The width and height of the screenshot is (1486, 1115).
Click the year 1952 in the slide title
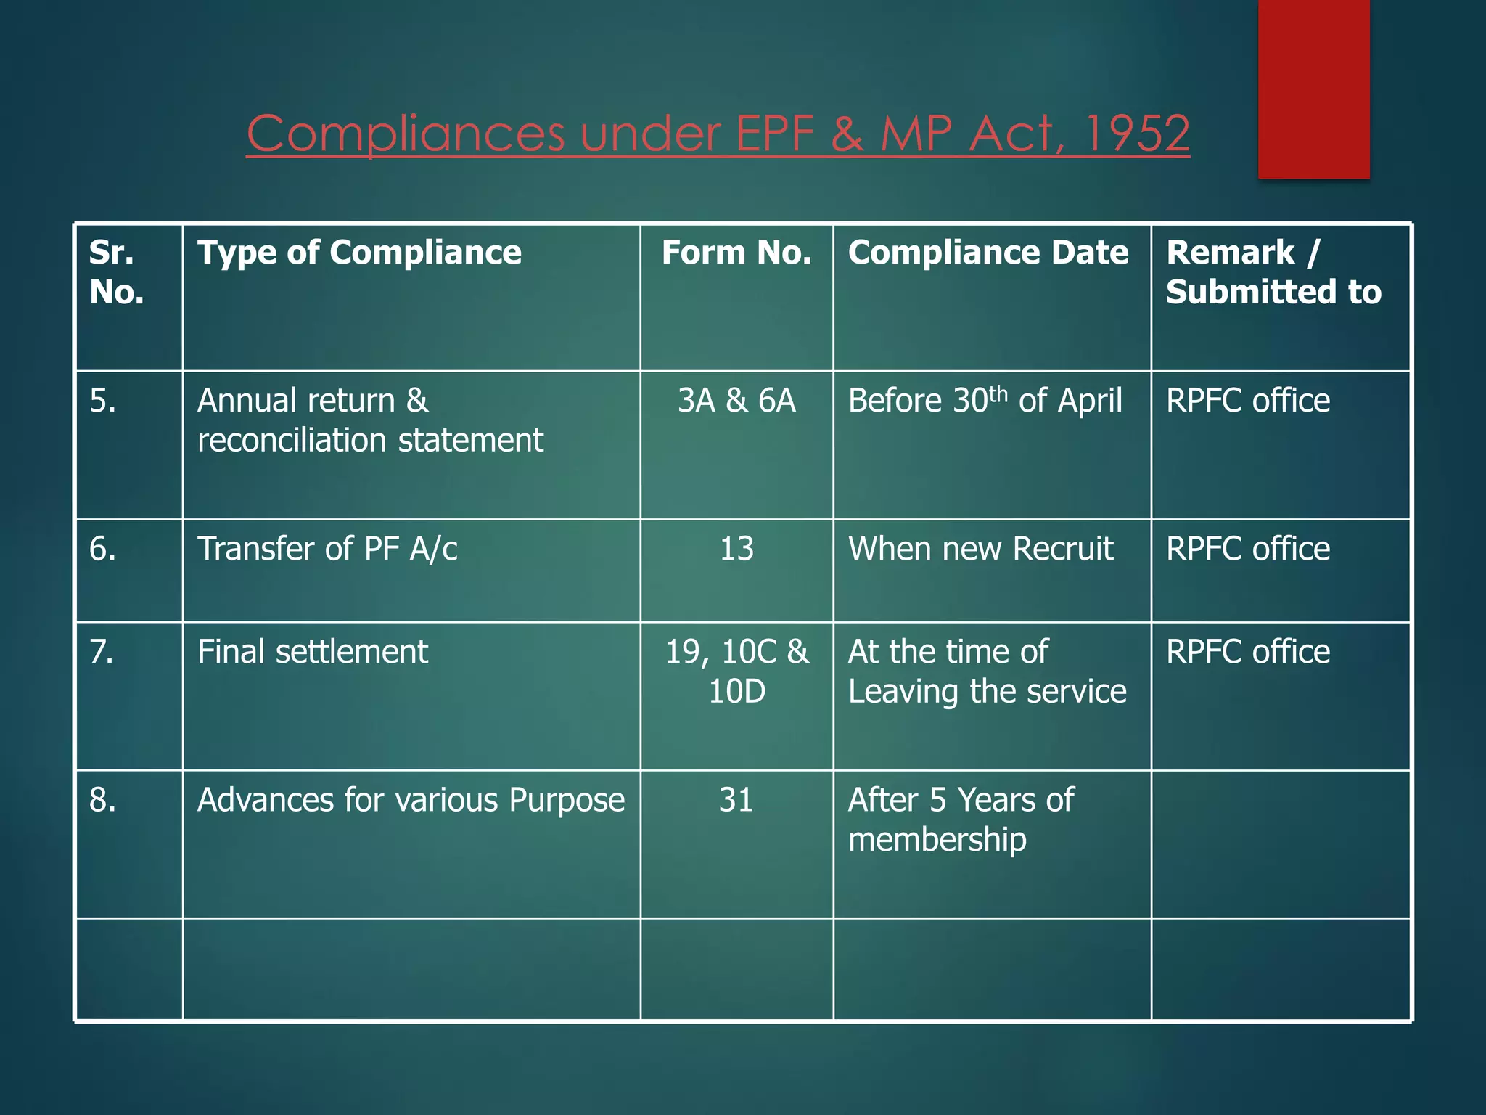click(x=1137, y=134)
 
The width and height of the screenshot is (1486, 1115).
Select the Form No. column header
click(x=736, y=253)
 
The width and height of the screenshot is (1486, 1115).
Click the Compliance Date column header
click(x=988, y=253)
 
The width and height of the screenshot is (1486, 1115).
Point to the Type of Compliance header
click(x=359, y=253)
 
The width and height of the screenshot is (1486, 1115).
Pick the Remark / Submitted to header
click(x=1273, y=272)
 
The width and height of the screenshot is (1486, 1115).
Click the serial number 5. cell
click(x=103, y=401)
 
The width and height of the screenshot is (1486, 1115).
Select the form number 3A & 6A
click(x=736, y=401)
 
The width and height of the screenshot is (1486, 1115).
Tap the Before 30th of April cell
click(x=985, y=401)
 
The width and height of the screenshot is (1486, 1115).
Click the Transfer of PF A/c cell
click(x=327, y=549)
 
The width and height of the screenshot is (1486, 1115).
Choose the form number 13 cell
click(x=736, y=549)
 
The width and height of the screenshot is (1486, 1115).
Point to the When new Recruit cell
click(x=980, y=549)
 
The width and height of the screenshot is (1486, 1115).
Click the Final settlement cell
click(x=313, y=652)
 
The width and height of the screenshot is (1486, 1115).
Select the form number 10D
click(x=736, y=691)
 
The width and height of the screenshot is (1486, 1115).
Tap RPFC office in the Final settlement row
click(x=1248, y=652)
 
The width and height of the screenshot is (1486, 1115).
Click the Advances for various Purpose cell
click(x=411, y=800)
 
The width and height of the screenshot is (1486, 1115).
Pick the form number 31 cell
click(x=736, y=800)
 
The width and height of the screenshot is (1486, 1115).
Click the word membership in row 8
click(x=937, y=840)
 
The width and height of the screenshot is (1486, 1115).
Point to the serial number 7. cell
click(x=102, y=652)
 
